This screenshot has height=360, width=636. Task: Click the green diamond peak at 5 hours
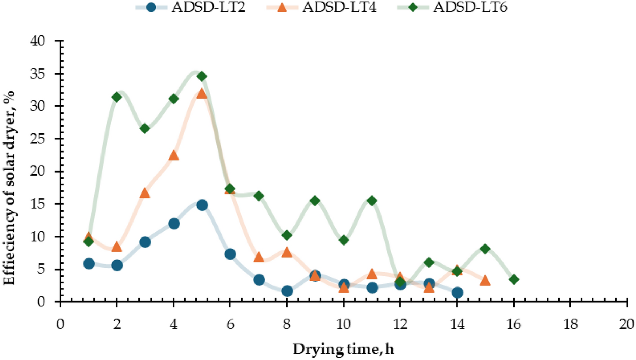click(202, 76)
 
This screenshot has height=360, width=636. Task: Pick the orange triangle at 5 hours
click(202, 93)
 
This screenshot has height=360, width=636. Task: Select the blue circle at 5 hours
click(202, 205)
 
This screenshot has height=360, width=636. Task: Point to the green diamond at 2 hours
click(117, 97)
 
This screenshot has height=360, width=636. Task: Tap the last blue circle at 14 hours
click(457, 293)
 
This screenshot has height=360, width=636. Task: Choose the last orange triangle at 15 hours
click(485, 280)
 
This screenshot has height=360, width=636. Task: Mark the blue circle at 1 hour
click(89, 264)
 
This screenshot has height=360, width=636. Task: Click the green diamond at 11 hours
click(372, 200)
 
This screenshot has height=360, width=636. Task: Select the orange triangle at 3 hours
click(145, 193)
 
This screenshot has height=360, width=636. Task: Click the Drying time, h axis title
click(343, 348)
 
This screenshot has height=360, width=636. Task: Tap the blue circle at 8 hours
click(287, 291)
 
